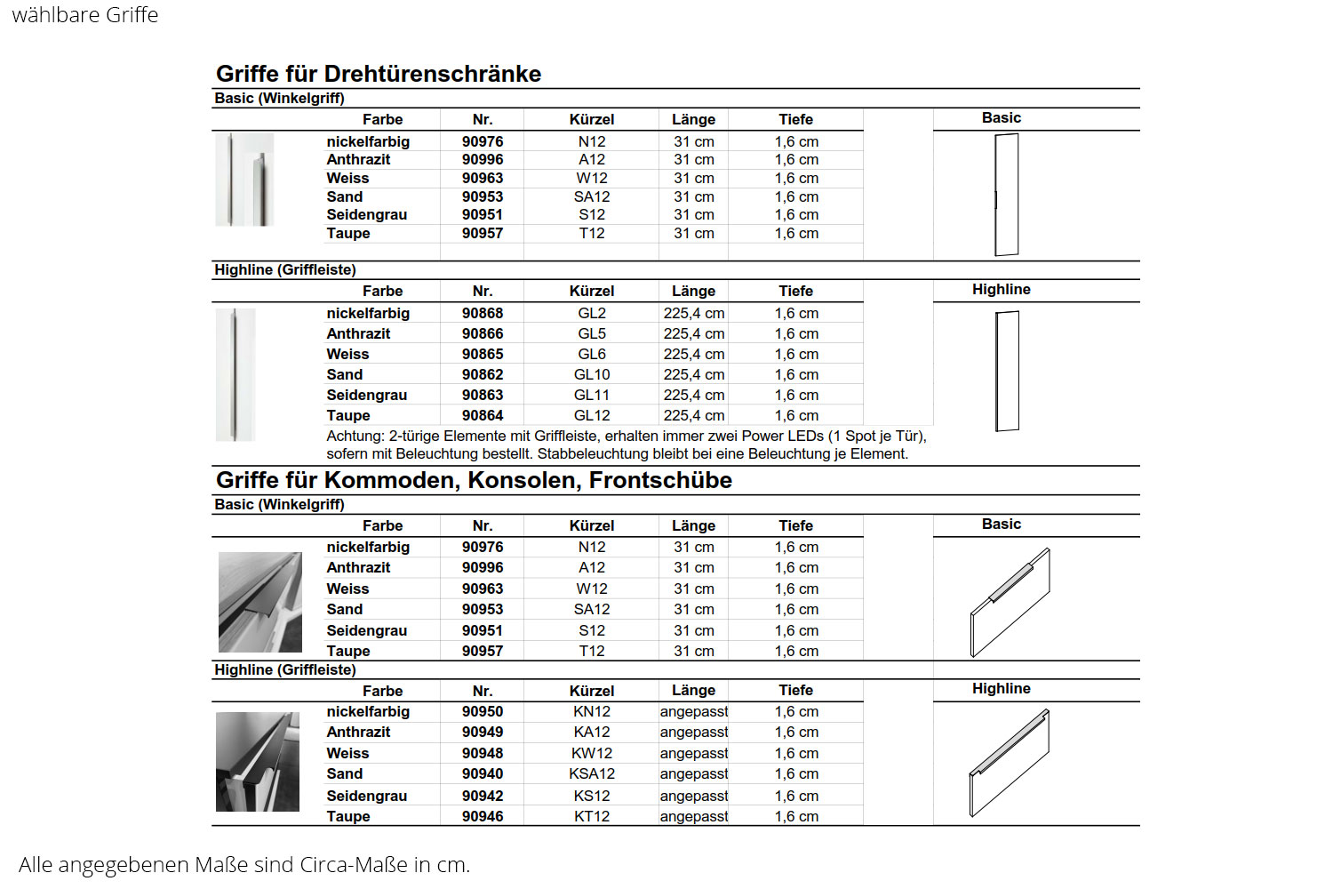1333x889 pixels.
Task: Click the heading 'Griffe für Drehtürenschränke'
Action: click(x=379, y=74)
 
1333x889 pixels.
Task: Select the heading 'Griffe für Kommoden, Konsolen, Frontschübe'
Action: click(x=474, y=480)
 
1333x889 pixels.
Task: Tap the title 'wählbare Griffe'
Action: click(x=85, y=15)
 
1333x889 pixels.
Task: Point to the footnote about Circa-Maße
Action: click(x=244, y=864)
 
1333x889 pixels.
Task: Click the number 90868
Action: click(x=483, y=313)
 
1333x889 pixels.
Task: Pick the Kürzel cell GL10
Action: click(x=592, y=374)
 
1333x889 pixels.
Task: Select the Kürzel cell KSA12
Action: click(x=592, y=773)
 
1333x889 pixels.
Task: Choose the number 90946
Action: click(x=483, y=816)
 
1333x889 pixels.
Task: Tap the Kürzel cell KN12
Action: click(x=592, y=711)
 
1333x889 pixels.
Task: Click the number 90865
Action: click(x=483, y=354)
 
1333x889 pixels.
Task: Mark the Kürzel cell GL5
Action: click(x=592, y=333)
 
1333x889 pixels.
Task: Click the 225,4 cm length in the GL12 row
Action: click(x=693, y=415)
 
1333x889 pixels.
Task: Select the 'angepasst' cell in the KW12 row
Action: click(x=693, y=753)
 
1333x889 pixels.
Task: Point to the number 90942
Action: click(x=483, y=796)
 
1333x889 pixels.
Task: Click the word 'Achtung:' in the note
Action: click(x=355, y=436)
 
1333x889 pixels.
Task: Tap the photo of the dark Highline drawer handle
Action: click(x=258, y=762)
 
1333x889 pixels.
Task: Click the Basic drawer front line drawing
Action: click(x=1010, y=602)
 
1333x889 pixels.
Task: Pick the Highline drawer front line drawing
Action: click(x=1009, y=763)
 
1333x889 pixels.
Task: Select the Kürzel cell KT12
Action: click(x=592, y=816)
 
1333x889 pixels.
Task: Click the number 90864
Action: click(x=483, y=415)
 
